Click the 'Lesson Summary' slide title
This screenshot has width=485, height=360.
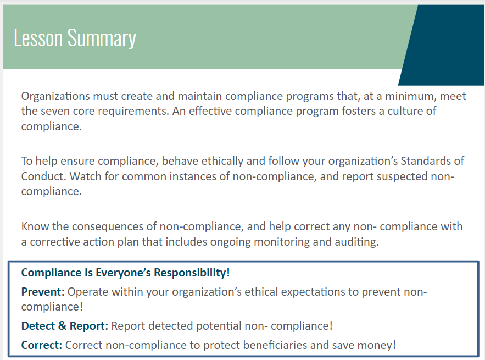click(75, 38)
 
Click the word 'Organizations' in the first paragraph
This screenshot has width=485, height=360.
click(55, 96)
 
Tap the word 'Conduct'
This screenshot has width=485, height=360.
click(43, 176)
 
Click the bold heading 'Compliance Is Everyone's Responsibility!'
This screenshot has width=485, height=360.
click(125, 273)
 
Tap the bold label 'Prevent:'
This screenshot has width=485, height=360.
click(43, 292)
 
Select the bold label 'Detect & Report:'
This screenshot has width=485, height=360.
click(65, 325)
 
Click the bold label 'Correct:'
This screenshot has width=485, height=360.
click(42, 345)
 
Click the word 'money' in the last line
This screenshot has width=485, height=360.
click(377, 346)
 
